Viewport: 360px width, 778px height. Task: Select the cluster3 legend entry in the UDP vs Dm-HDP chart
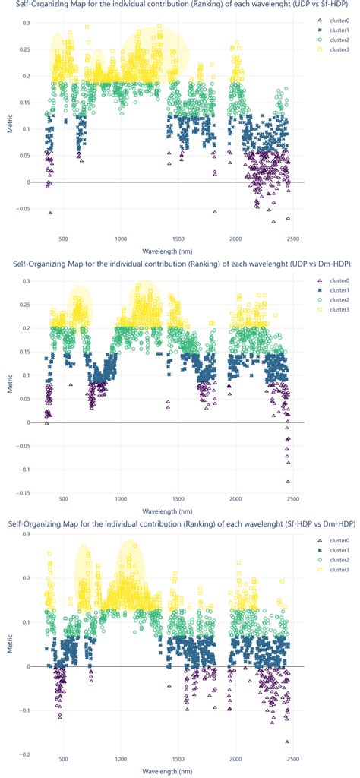[335, 310]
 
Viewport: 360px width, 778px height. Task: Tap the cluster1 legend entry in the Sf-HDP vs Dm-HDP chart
[335, 549]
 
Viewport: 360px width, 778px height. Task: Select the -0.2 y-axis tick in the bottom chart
[25, 754]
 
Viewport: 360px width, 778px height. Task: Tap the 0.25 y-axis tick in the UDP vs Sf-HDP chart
[24, 50]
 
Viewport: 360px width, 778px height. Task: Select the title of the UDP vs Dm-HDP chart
[180, 264]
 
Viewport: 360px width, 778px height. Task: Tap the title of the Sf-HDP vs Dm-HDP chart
[180, 523]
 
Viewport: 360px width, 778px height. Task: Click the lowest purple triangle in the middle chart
[289, 482]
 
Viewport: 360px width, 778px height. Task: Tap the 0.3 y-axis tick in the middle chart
[25, 281]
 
